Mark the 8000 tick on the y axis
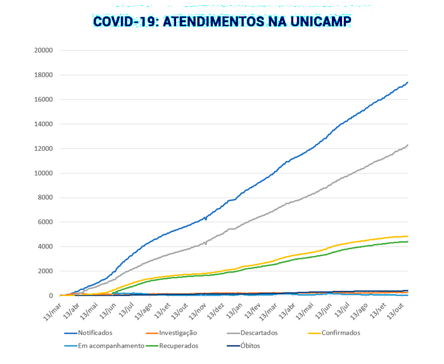coord(44,197)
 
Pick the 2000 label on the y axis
coord(44,271)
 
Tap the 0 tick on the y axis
coord(49,296)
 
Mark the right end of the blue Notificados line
coord(408,82)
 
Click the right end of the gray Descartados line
coord(408,145)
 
